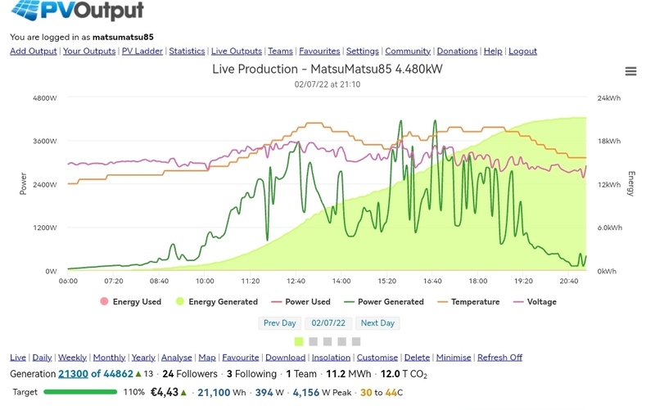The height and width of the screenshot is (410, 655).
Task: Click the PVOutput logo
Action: pos(78,11)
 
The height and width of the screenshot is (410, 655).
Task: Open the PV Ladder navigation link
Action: pos(142,51)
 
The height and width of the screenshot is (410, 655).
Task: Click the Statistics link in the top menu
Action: pos(187,51)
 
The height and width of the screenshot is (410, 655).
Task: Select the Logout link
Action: pos(522,51)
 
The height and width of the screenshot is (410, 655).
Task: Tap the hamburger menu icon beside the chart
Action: pos(630,71)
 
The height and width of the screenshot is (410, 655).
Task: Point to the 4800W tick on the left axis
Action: pos(44,98)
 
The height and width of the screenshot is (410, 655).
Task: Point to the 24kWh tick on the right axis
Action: pos(609,98)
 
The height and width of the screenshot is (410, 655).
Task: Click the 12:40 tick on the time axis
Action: pos(296,281)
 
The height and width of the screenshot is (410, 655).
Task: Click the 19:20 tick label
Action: pos(522,281)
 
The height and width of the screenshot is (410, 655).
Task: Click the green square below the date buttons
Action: pos(299,341)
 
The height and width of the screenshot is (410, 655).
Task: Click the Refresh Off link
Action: pos(499,358)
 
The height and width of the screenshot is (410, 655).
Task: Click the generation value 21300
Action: pos(74,374)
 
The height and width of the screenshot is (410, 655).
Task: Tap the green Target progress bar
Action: pos(80,392)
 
